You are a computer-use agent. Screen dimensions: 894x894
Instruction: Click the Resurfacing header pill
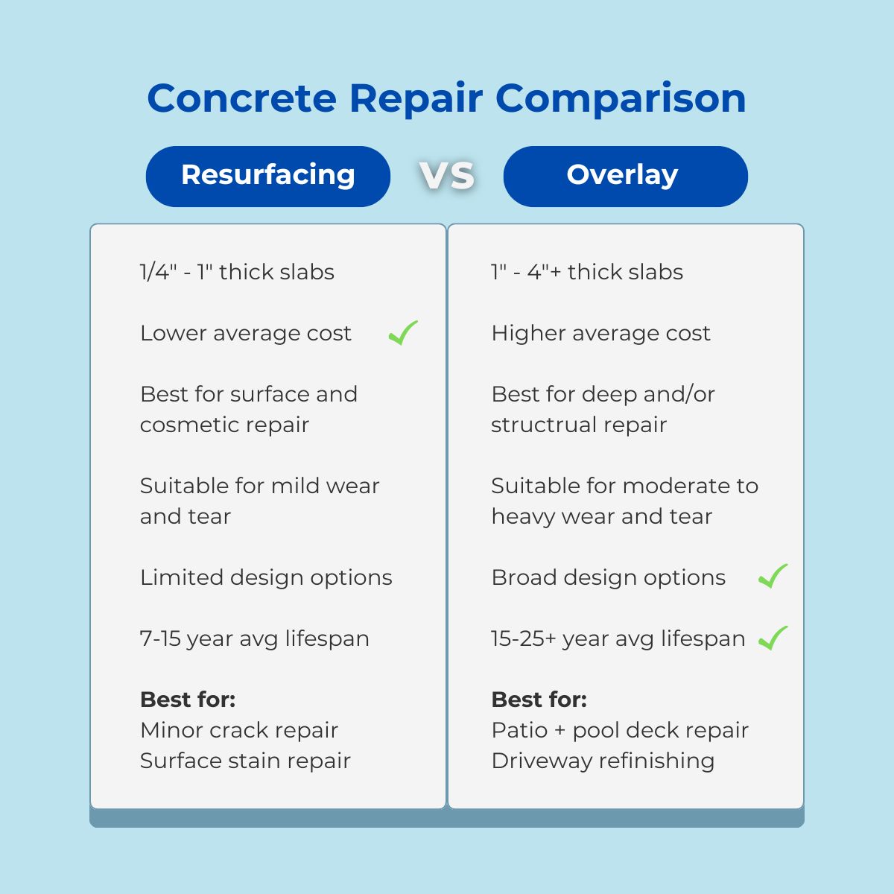(x=268, y=176)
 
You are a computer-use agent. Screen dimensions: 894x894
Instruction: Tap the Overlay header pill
(x=625, y=176)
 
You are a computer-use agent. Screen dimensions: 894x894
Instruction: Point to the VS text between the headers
(x=447, y=176)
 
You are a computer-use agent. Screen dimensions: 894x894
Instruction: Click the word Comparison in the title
(x=621, y=98)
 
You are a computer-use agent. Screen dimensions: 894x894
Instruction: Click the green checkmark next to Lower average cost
(x=403, y=332)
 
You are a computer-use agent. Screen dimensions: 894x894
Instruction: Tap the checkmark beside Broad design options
(x=773, y=576)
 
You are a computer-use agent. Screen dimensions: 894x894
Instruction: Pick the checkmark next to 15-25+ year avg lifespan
(x=773, y=638)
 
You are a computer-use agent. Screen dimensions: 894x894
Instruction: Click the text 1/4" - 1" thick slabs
(x=237, y=272)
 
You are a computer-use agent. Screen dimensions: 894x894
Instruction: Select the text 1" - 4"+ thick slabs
(x=587, y=272)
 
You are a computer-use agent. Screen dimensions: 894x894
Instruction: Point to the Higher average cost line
(x=600, y=333)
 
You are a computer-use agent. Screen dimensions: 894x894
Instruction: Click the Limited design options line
(x=266, y=577)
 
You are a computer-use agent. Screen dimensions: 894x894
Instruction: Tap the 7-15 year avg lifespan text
(x=254, y=638)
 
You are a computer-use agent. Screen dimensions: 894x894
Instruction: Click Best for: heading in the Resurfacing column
(x=188, y=700)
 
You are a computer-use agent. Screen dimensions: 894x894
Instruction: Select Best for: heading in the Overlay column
(x=539, y=700)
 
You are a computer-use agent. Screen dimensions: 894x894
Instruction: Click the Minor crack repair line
(x=239, y=730)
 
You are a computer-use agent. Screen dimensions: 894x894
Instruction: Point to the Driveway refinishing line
(x=603, y=761)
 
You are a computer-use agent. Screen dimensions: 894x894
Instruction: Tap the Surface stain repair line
(x=245, y=761)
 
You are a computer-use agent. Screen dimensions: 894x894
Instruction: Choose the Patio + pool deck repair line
(x=620, y=730)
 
